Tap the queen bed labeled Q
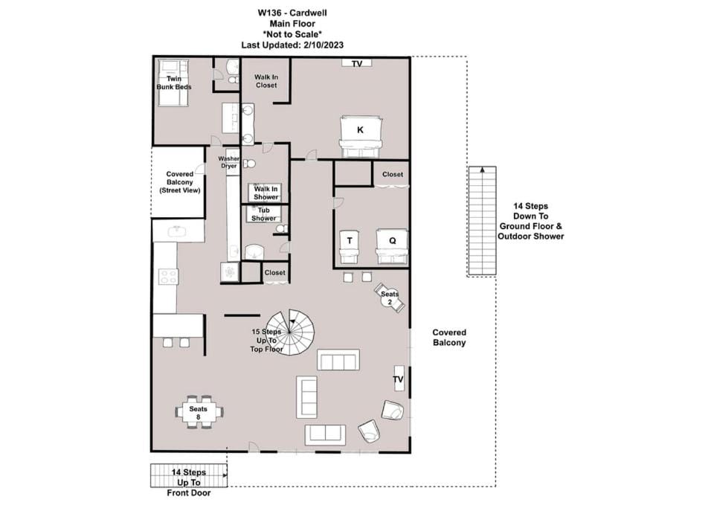392,246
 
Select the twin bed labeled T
350,247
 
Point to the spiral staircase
290,332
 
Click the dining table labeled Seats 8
199,412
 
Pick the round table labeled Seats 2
389,297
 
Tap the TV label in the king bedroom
357,64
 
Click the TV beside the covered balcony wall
399,379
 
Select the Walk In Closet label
266,81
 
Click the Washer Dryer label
228,162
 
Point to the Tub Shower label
263,214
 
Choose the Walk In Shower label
266,193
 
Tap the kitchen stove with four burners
168,277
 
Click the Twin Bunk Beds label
174,83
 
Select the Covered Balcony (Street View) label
180,182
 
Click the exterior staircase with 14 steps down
482,222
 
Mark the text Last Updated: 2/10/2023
292,45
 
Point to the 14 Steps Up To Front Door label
188,483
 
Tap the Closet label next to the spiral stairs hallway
275,272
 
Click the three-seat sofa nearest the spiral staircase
338,360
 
